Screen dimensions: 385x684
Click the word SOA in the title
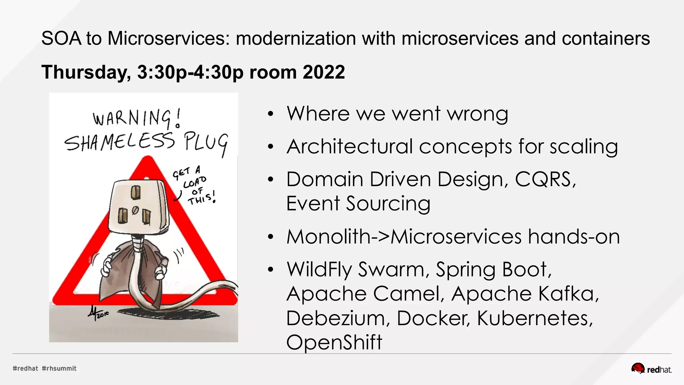point(61,38)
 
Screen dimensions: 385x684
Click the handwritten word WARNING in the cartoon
point(132,118)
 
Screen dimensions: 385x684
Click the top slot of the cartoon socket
point(135,192)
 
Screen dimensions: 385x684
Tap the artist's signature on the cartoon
point(97,313)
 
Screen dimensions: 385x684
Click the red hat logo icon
point(638,368)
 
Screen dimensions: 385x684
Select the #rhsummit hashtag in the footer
point(59,368)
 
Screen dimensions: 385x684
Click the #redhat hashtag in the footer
point(25,368)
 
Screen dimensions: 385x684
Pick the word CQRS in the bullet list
point(544,179)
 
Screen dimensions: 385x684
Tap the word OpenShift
point(334,342)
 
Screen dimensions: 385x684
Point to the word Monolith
point(329,237)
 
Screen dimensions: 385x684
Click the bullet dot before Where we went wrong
point(271,114)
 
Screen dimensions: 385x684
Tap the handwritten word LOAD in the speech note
point(195,182)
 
